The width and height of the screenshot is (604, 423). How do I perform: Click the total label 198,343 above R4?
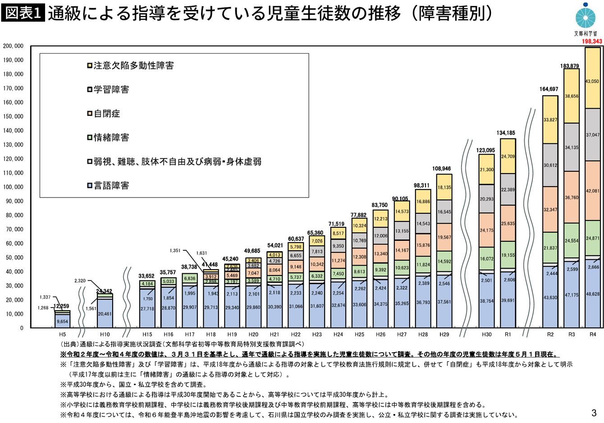(592, 41)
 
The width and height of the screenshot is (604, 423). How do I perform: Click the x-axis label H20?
(253, 335)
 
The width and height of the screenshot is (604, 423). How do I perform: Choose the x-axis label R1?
(508, 335)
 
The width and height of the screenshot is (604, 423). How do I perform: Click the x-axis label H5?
(62, 335)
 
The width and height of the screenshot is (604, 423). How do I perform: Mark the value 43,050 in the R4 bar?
(592, 81)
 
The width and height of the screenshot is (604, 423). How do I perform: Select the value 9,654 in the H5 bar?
(62, 322)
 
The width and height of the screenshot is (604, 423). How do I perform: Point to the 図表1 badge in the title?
(23, 14)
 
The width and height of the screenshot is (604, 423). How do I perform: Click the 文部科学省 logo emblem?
(586, 17)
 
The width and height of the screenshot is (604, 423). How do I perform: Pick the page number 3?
(594, 412)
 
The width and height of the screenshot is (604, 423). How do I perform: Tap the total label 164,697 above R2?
(549, 89)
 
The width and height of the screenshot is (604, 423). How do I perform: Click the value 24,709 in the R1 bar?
(508, 156)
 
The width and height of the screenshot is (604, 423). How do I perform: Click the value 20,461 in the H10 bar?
(105, 313)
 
